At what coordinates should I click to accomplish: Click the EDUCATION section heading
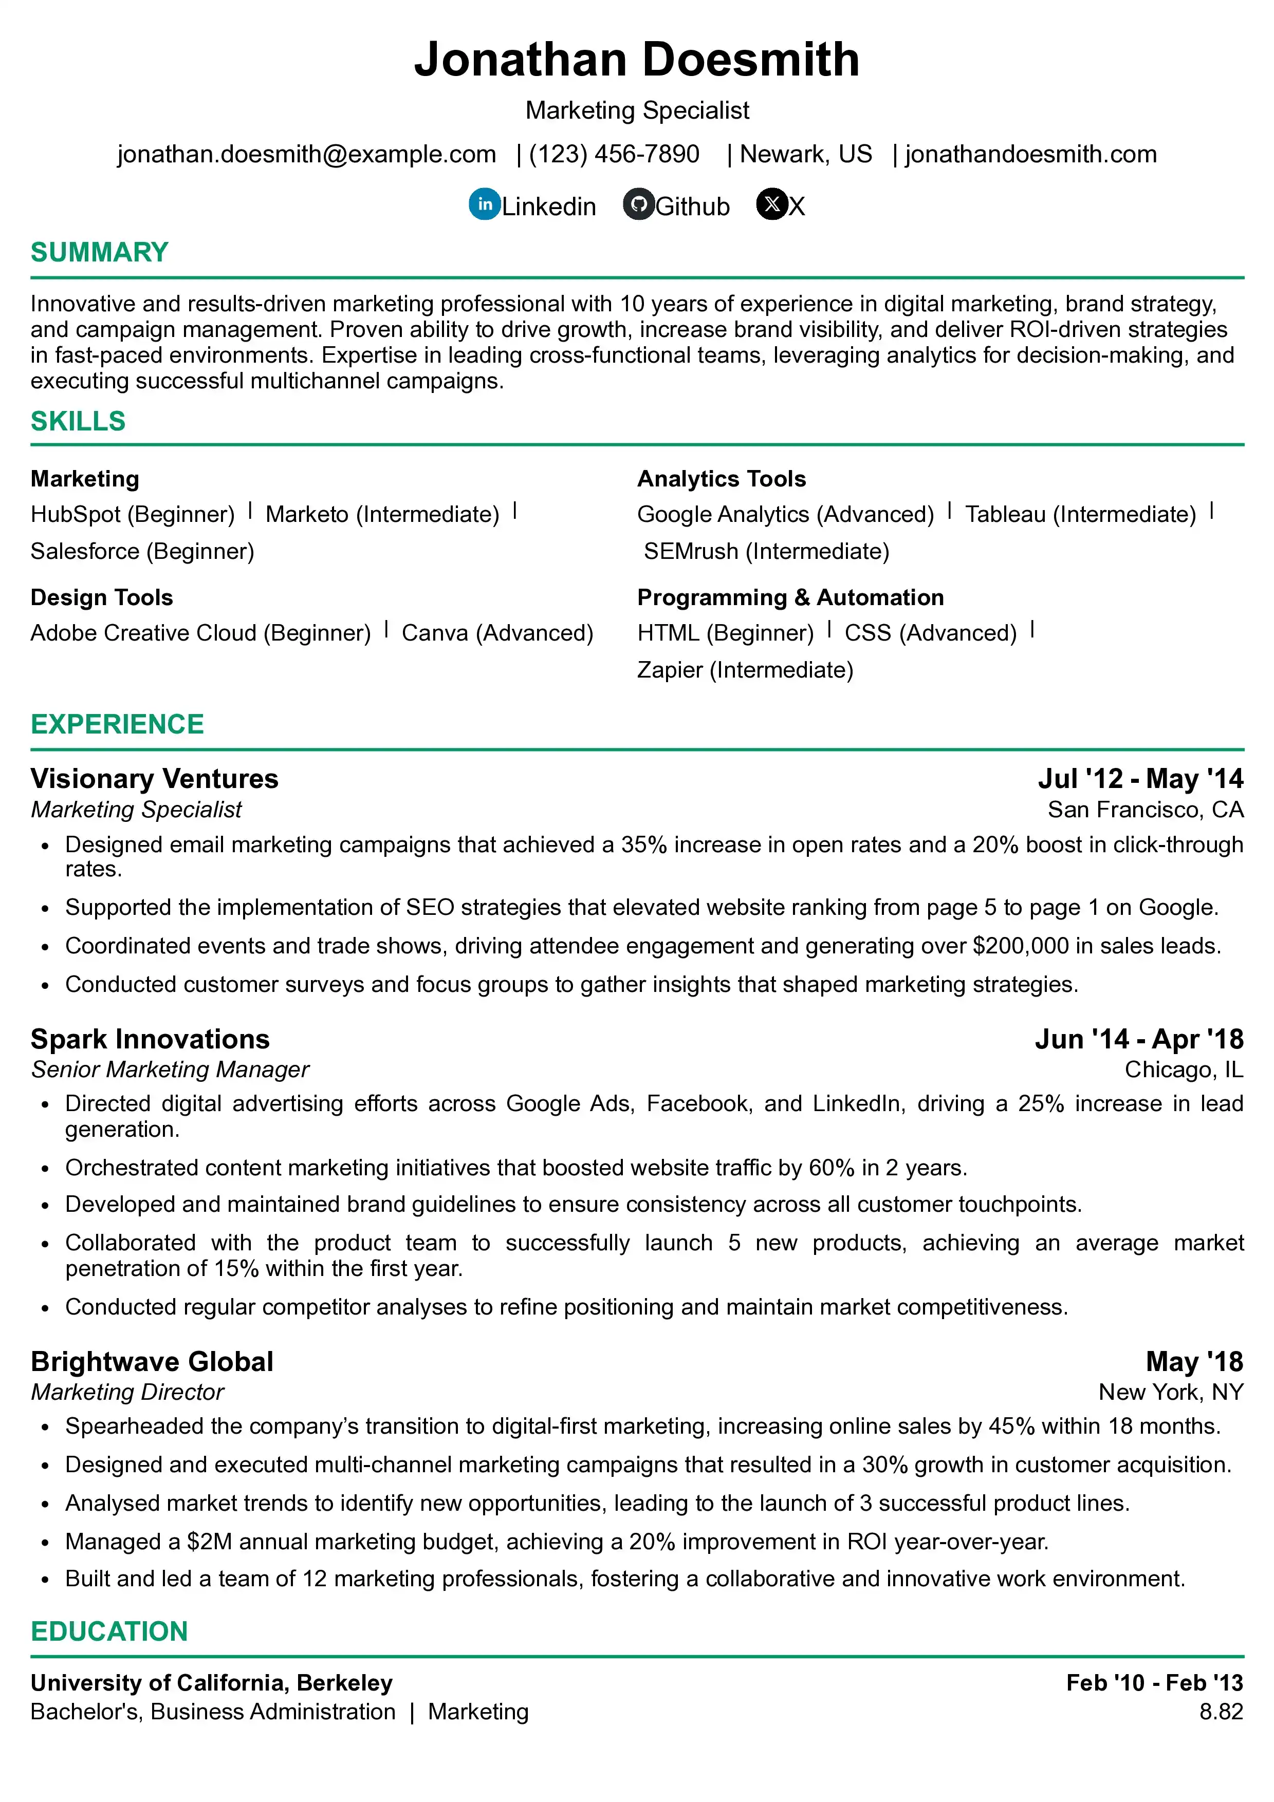pyautogui.click(x=109, y=1631)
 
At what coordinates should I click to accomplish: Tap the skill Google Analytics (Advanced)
pyautogui.click(x=785, y=514)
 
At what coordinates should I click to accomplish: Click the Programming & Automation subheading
pyautogui.click(x=790, y=597)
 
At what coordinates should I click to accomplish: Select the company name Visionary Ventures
pyautogui.click(x=155, y=779)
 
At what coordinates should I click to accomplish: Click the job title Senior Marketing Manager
pyautogui.click(x=170, y=1069)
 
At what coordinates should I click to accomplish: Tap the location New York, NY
pyautogui.click(x=1170, y=1392)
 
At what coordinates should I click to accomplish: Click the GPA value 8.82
pyautogui.click(x=1221, y=1711)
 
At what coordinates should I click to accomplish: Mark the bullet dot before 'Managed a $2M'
pyautogui.click(x=46, y=1542)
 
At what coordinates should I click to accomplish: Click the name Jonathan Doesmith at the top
pyautogui.click(x=637, y=60)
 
